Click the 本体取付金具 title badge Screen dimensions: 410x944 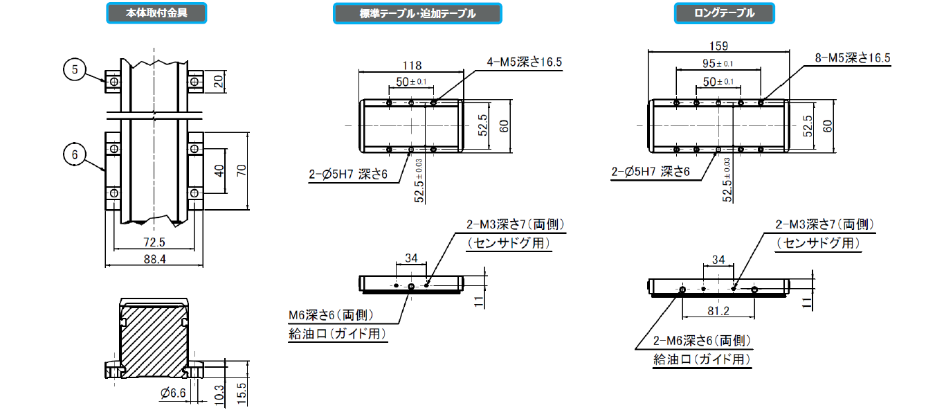pyautogui.click(x=156, y=13)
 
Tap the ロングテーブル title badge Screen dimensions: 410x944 pyautogui.click(x=725, y=13)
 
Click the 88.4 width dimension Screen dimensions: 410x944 pyautogui.click(x=154, y=258)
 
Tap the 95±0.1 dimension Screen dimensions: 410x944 pyautogui.click(x=718, y=64)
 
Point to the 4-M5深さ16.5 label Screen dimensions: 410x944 pyautogui.click(x=524, y=62)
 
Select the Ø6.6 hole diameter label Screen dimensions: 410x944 pyautogui.click(x=174, y=393)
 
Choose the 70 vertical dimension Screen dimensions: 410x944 pyautogui.click(x=242, y=170)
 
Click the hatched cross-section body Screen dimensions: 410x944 pyautogui.click(x=154, y=339)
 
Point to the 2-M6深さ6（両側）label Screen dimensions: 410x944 pyautogui.click(x=702, y=341)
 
